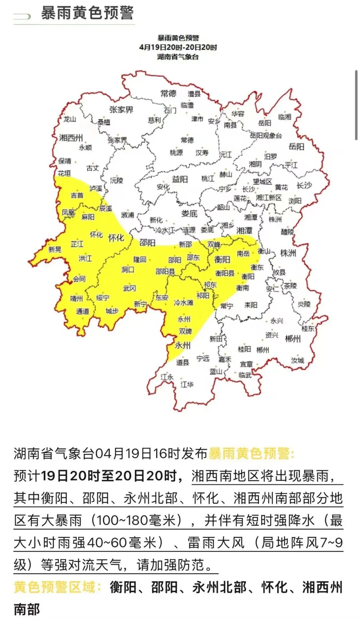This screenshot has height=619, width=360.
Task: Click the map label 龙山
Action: (70, 119)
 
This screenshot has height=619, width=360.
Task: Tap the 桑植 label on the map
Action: (104, 122)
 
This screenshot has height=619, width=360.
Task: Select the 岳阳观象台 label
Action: (266, 135)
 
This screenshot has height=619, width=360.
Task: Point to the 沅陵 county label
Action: (116, 180)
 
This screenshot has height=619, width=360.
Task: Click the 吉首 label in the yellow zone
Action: (77, 195)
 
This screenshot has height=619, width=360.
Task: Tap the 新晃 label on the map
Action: (55, 250)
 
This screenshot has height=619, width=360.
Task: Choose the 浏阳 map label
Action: (295, 201)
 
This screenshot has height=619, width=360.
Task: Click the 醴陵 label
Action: (287, 232)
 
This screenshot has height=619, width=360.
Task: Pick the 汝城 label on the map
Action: (297, 360)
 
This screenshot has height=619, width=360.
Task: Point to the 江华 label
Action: (187, 384)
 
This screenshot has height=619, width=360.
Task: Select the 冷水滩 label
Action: (183, 303)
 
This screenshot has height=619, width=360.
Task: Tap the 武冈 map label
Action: (129, 288)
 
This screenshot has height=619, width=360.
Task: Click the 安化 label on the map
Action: (163, 187)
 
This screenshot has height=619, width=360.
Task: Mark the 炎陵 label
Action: (304, 304)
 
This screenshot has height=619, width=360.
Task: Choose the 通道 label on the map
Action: (82, 311)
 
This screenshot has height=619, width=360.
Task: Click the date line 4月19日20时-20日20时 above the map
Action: (178, 47)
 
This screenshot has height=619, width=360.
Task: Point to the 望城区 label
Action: (262, 182)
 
